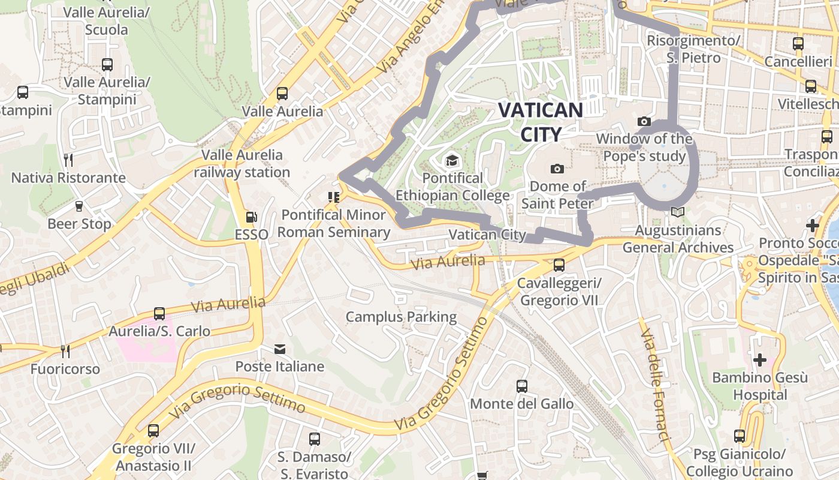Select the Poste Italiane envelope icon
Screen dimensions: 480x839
(279, 349)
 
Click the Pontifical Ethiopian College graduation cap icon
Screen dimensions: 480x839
(451, 161)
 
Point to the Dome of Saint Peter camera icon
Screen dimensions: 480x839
(557, 169)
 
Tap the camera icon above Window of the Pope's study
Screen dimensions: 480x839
(644, 122)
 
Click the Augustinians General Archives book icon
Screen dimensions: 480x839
(678, 212)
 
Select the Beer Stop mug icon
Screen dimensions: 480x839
(79, 206)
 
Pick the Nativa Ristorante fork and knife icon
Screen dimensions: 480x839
(68, 160)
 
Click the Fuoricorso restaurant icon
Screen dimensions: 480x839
(65, 351)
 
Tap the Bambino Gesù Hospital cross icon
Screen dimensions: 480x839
(760, 360)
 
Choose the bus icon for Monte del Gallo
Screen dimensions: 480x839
(522, 386)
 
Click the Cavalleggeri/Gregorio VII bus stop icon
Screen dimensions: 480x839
(559, 265)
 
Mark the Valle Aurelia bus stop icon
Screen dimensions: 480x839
(282, 94)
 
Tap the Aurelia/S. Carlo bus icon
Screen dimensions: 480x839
(159, 313)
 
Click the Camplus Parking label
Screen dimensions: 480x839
(401, 317)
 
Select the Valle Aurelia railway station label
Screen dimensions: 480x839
(242, 163)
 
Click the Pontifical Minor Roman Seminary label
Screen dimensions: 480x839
(334, 223)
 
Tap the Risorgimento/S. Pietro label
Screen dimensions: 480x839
(694, 49)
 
